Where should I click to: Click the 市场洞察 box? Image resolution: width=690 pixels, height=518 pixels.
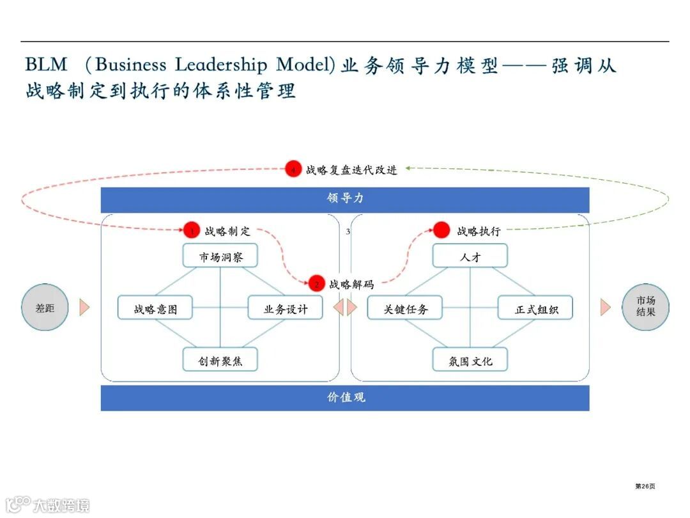point(220,255)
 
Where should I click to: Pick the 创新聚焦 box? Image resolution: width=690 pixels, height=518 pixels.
point(220,360)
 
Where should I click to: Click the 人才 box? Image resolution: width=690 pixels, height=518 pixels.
point(470,255)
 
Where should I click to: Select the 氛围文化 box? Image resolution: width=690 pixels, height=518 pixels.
point(470,360)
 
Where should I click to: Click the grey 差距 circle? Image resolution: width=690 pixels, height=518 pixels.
point(45,308)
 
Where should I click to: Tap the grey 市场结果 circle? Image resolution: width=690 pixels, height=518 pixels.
point(645,308)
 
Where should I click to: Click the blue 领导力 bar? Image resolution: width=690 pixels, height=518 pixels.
point(345,200)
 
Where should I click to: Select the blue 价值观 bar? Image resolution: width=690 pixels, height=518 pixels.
point(345,397)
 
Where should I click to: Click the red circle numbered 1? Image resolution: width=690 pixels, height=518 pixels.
point(192,231)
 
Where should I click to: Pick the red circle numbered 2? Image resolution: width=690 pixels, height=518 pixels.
point(316,283)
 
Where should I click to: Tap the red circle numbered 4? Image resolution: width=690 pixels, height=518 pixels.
point(293,170)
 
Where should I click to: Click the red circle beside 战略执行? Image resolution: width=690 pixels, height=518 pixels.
point(442,231)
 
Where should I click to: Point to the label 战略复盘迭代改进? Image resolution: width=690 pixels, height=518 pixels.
point(351,170)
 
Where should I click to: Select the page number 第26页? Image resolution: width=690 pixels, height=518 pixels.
point(645,486)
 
